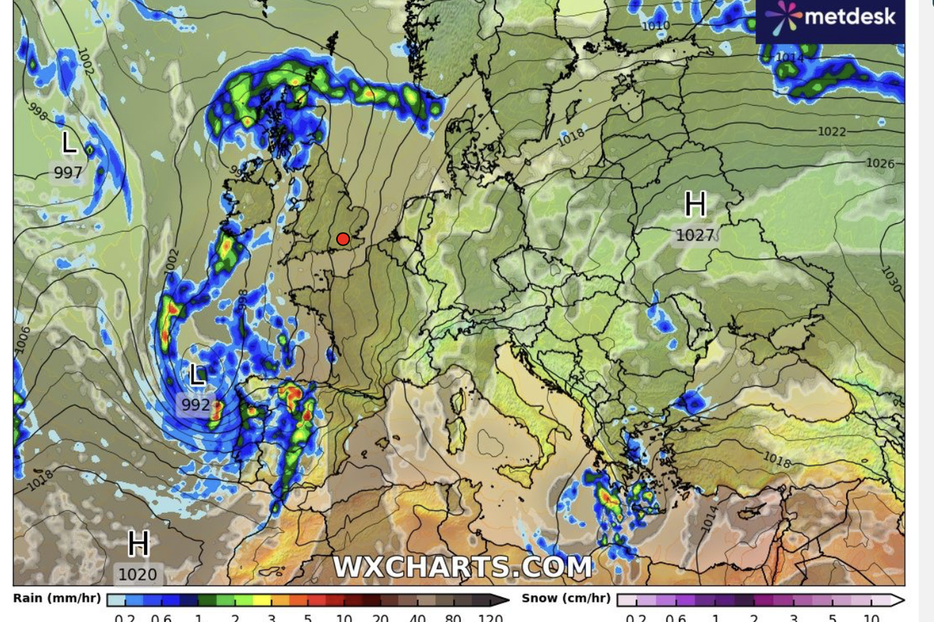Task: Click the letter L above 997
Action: point(69,143)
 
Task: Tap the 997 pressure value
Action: point(68,173)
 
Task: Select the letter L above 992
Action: point(198,376)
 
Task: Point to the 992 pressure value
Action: point(196,405)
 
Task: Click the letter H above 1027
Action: point(695,205)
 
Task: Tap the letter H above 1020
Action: point(139,543)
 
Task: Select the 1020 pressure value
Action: point(138,575)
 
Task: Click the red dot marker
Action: point(342,239)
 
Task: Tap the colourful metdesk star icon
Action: point(782,16)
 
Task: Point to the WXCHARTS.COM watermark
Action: point(462,567)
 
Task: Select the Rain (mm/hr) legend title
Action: point(57,598)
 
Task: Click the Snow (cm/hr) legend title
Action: point(566,598)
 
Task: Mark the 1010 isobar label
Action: point(655,26)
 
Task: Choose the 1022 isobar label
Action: point(831,131)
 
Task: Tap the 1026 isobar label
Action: point(880,163)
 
